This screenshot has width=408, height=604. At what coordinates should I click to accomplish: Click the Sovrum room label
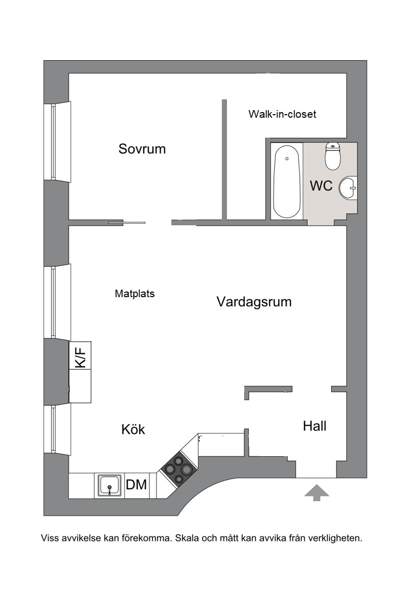(x=142, y=149)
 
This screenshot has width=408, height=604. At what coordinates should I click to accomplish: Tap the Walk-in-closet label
(x=282, y=114)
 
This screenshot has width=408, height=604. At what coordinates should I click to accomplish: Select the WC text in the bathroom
(x=321, y=186)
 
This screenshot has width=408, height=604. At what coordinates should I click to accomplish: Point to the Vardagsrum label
(x=254, y=302)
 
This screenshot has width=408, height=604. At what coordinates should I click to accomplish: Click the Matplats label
(x=135, y=294)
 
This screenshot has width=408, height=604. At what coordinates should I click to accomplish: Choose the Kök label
(x=133, y=429)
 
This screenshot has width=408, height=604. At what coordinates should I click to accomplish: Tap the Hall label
(x=314, y=426)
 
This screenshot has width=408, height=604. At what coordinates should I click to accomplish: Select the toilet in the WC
(x=333, y=156)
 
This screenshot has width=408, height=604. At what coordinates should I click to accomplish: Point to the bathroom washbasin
(x=348, y=188)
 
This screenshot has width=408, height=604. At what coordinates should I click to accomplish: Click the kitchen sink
(x=110, y=485)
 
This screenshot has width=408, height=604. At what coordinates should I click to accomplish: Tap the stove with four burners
(x=179, y=469)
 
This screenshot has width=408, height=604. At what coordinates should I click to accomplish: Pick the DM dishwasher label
(x=136, y=485)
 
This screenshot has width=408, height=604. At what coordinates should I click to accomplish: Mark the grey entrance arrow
(x=316, y=493)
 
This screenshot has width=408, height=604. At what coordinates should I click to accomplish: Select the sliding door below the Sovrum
(x=126, y=223)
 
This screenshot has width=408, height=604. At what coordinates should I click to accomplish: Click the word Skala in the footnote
(x=189, y=538)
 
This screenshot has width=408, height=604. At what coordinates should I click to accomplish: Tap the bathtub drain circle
(x=287, y=159)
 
